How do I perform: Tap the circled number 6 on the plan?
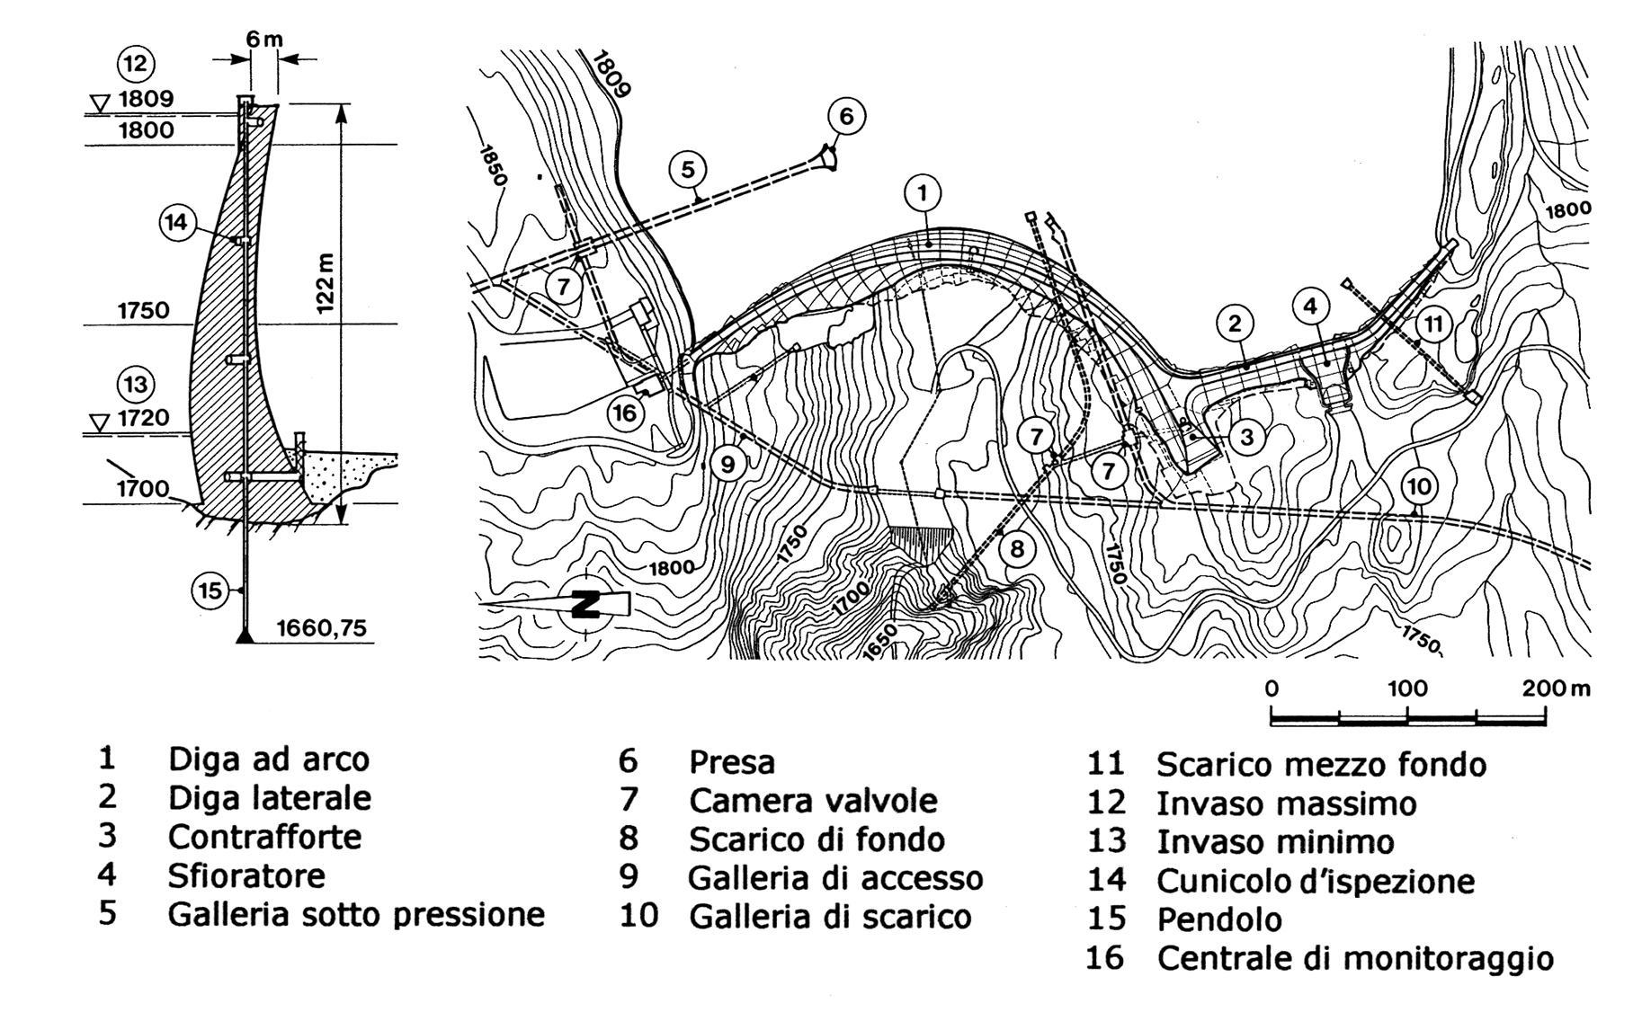coord(846,116)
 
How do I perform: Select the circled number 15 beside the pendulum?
coord(210,590)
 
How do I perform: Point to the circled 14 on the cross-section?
coord(177,221)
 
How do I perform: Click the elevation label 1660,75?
coord(321,626)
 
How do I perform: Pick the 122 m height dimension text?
coord(326,283)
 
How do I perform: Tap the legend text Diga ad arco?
coord(268,759)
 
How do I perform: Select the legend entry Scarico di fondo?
coord(817,839)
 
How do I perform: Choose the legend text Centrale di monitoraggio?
coord(1354,958)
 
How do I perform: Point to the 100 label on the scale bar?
coord(1407,689)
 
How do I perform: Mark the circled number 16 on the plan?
coord(626,413)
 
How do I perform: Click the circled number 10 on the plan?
coord(1418,487)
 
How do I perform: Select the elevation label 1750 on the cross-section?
coord(144,310)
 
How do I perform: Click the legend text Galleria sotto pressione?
coord(356,914)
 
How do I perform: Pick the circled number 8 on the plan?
coord(1017,548)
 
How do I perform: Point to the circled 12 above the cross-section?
coord(136,64)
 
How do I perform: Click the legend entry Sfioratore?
coord(245,875)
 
